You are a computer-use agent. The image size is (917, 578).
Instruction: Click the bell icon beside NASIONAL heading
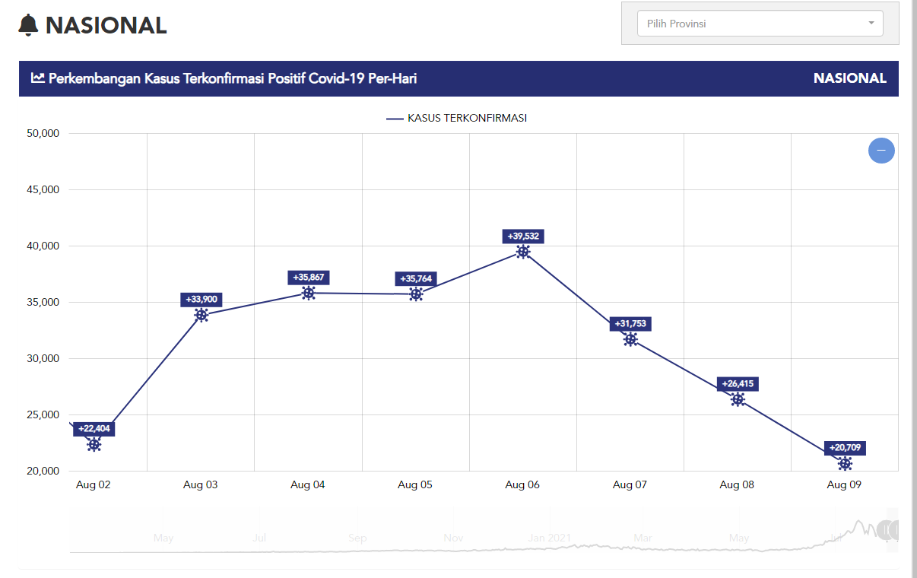(28, 25)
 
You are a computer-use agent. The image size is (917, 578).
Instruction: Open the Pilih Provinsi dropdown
(760, 24)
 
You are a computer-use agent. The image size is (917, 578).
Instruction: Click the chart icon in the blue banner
(37, 78)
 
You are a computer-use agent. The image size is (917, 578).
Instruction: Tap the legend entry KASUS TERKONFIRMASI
(456, 118)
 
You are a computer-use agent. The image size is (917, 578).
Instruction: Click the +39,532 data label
(523, 237)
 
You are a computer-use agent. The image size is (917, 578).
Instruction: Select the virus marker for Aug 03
(201, 315)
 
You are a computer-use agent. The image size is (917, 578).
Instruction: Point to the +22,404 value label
(94, 429)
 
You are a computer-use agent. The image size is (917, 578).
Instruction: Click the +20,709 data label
(845, 448)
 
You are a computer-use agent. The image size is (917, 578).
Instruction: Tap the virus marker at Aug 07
(630, 340)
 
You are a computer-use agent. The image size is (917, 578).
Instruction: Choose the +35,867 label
(309, 278)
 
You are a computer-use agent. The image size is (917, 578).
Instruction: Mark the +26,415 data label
(738, 384)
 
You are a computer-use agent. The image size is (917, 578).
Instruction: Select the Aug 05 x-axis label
(415, 485)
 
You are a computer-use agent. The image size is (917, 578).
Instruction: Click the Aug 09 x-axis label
(844, 485)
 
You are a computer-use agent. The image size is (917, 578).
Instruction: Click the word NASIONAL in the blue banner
(849, 78)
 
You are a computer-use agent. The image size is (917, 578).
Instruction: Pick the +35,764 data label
(416, 279)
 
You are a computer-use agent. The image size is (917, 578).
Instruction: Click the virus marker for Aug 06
(523, 252)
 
